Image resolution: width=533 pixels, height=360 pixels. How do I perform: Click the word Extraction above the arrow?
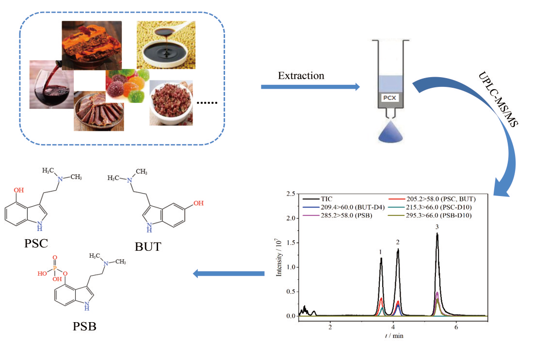(301, 76)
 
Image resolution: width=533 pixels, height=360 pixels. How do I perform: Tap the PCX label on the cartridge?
(389, 98)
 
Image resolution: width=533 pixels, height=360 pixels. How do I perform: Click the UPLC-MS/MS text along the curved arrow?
(499, 99)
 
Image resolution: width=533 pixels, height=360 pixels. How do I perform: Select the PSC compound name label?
(36, 244)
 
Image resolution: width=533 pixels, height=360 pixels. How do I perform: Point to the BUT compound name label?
(148, 246)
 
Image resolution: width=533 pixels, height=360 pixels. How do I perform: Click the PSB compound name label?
(85, 327)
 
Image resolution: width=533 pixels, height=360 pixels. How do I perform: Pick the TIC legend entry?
(317, 199)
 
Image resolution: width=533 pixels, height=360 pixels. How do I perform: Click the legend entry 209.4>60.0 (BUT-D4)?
(343, 207)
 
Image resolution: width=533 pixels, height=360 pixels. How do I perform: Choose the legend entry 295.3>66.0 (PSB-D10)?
(430, 215)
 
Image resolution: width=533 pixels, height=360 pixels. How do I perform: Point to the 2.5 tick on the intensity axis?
(291, 194)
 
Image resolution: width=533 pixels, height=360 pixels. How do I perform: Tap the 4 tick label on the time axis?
(393, 327)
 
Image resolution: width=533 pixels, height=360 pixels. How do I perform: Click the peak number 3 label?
(437, 227)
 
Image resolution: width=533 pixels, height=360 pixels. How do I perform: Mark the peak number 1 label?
(381, 252)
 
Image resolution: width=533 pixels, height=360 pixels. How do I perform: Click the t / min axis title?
(394, 336)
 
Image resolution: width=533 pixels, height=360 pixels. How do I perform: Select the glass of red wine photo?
(51, 84)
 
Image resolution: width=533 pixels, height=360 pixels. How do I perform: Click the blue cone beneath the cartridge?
(390, 131)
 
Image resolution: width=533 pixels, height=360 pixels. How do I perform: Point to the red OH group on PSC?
(19, 190)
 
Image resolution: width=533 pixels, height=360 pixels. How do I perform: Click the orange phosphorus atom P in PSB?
(55, 268)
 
